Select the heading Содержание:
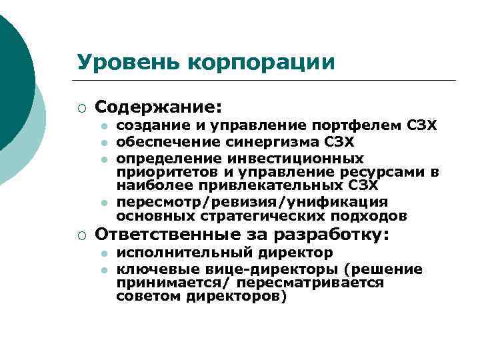[x=159, y=107]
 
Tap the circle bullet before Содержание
[x=81, y=107]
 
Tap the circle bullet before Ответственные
[x=81, y=235]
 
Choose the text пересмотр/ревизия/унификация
[x=252, y=202]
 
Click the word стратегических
[x=267, y=216]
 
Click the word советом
[x=143, y=297]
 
